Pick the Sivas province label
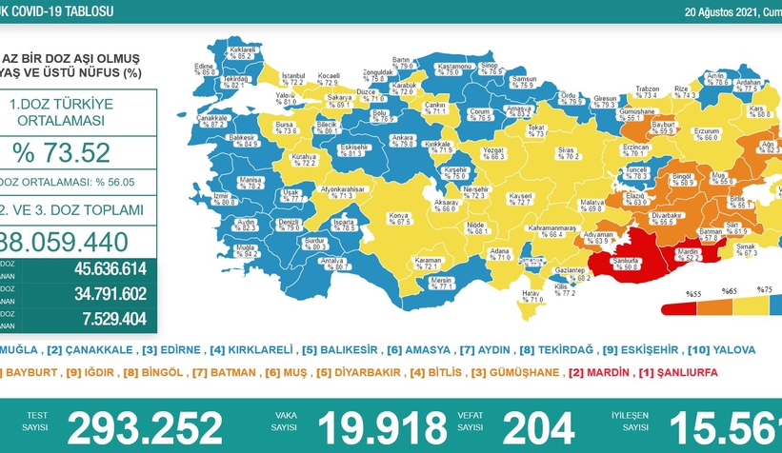click(569, 151)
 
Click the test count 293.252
click(148, 426)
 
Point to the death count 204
click(538, 426)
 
